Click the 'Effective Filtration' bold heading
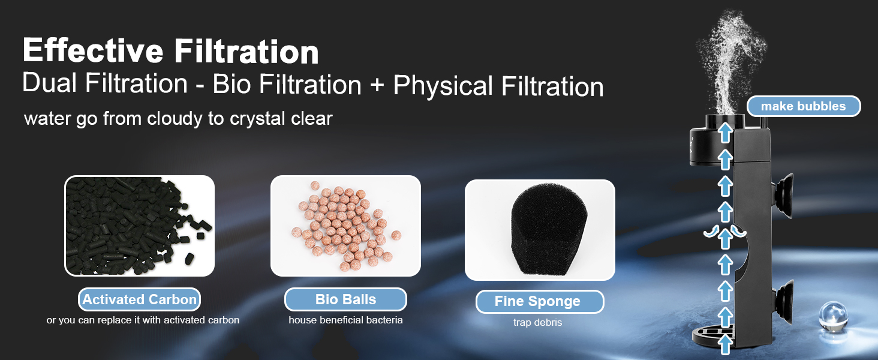[x=170, y=50]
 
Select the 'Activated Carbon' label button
[x=140, y=299]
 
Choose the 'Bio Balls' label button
[x=345, y=299]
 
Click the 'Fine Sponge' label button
[x=540, y=302]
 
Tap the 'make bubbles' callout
[x=804, y=106]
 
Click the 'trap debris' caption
[x=538, y=322]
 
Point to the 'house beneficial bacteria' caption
[x=345, y=320]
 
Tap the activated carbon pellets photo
[x=139, y=226]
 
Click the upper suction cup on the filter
[x=783, y=195]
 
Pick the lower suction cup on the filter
[x=783, y=301]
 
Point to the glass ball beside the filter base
[x=832, y=315]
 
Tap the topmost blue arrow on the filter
[x=725, y=133]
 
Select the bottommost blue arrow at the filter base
[x=726, y=345]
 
